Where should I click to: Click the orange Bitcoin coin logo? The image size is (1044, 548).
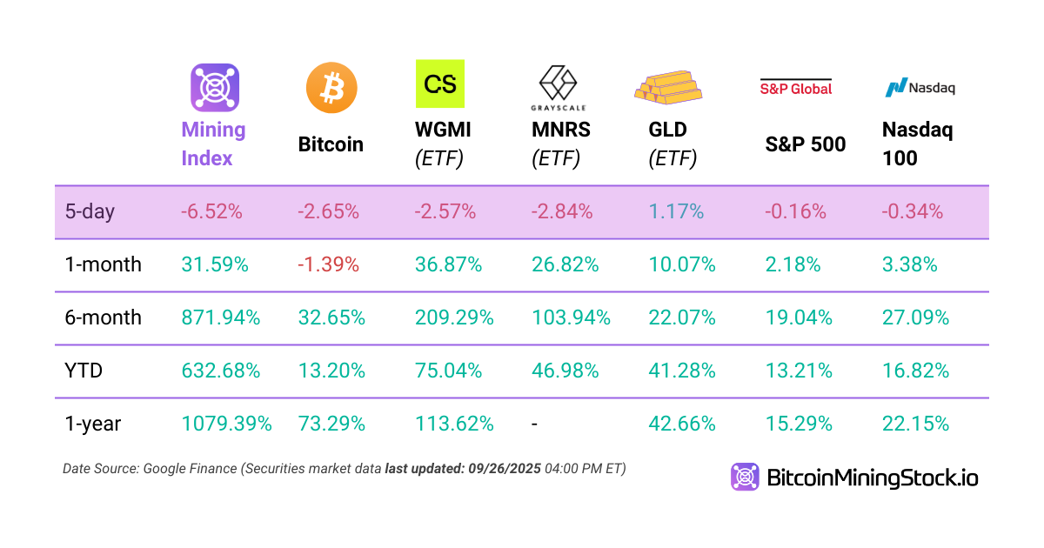331,88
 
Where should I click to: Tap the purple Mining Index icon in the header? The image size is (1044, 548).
215,88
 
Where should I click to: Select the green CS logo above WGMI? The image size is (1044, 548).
440,84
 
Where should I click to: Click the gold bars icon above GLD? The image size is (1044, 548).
667,84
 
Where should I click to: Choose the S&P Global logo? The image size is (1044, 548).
796,87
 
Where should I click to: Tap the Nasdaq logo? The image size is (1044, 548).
920,87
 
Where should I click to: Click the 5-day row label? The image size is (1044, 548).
90,211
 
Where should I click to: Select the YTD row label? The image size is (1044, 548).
84,371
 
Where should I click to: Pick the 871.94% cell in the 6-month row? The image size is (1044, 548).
221,318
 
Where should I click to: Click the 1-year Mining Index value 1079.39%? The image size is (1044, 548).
226,424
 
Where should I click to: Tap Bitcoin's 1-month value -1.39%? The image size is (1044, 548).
329,265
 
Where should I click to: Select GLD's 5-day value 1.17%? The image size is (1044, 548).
676,211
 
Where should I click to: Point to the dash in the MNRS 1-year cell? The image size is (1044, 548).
534,424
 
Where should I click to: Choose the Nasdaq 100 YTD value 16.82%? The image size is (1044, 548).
915,371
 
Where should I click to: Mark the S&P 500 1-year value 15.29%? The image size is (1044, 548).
799,424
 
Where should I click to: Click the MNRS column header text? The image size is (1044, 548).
560,130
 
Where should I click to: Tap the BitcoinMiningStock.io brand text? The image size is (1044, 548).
872,478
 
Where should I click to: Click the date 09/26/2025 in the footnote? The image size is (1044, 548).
502,469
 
